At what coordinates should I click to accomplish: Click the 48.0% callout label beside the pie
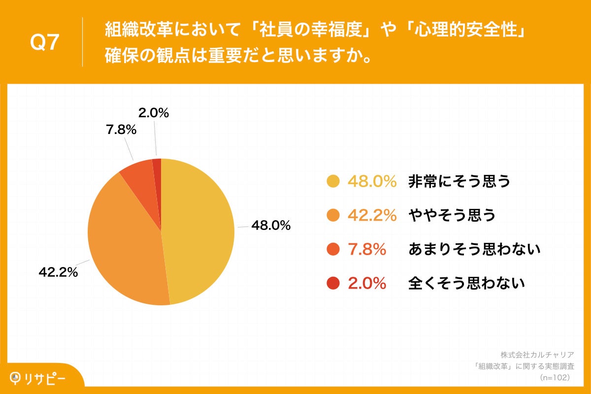tap(271, 226)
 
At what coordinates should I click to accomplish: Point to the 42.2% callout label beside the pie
tap(58, 272)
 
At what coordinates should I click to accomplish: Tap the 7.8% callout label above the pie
tap(121, 130)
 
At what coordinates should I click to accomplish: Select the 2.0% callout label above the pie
tap(153, 113)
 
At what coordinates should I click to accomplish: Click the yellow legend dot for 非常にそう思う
tap(333, 182)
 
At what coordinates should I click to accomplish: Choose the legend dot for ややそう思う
tap(333, 216)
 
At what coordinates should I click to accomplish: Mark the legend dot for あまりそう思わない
tap(333, 250)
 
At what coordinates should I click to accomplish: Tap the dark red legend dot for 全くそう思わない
tap(333, 284)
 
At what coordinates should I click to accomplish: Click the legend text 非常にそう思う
tap(459, 182)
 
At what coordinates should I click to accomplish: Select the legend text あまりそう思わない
tap(474, 250)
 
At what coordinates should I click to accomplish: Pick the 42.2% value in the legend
tap(372, 216)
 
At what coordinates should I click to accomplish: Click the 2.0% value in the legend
tap(367, 284)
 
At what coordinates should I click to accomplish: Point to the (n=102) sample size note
tap(555, 377)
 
